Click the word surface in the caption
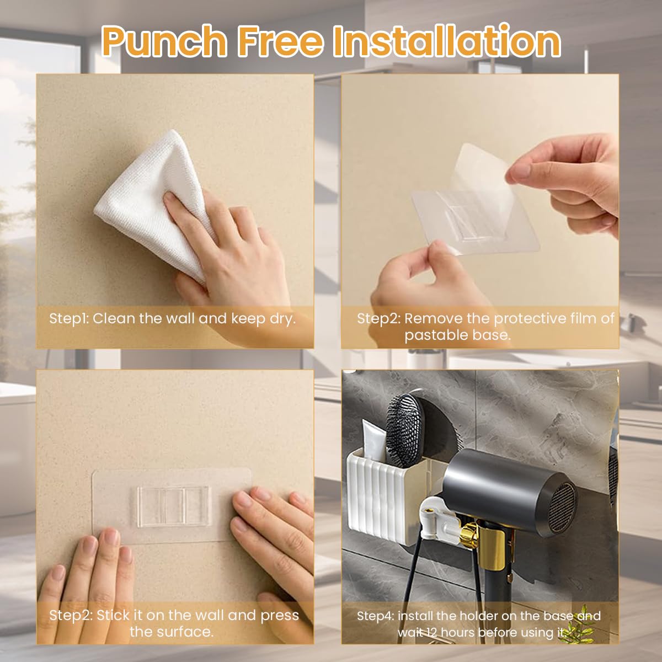click(x=185, y=631)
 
